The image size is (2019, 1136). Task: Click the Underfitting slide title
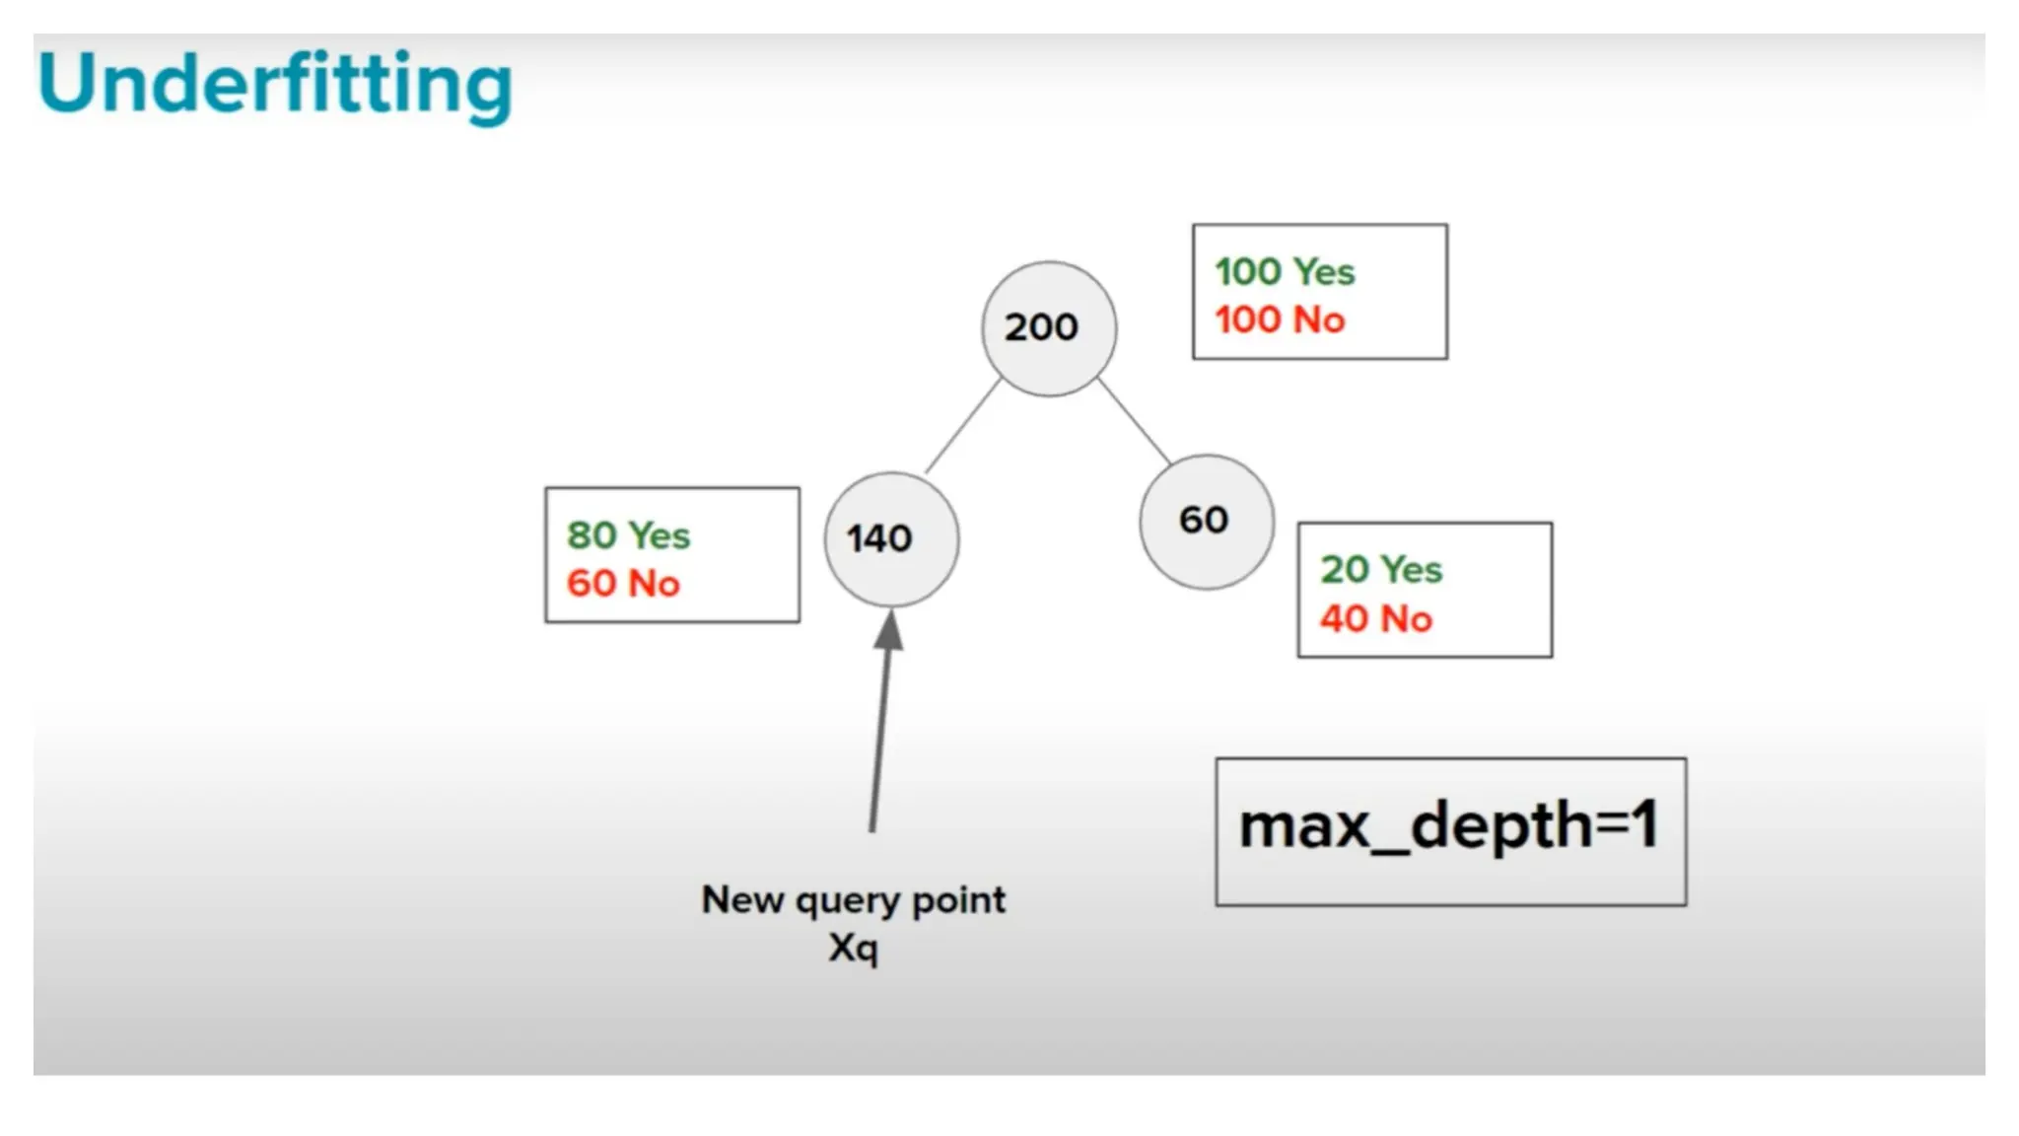pyautogui.click(x=275, y=85)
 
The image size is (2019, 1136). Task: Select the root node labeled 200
pyautogui.click(x=1049, y=328)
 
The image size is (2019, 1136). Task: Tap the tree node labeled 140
pyautogui.click(x=891, y=539)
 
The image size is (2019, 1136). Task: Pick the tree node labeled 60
pyautogui.click(x=1207, y=522)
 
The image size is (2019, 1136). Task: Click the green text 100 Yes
pyautogui.click(x=1285, y=271)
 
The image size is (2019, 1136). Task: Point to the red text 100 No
pyautogui.click(x=1280, y=319)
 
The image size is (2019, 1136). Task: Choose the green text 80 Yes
pyautogui.click(x=628, y=535)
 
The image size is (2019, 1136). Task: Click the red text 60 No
pyautogui.click(x=623, y=583)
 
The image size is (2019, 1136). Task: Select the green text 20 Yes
pyautogui.click(x=1381, y=569)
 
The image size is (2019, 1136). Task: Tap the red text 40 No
pyautogui.click(x=1376, y=619)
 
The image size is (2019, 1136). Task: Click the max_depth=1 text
pyautogui.click(x=1449, y=826)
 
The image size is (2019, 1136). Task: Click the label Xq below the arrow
pyautogui.click(x=854, y=948)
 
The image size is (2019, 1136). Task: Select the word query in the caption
pyautogui.click(x=847, y=901)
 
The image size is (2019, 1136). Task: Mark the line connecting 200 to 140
pyautogui.click(x=962, y=426)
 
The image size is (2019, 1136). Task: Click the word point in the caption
pyautogui.click(x=958, y=900)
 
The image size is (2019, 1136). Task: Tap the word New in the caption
pyautogui.click(x=742, y=899)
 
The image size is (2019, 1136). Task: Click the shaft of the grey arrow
pyautogui.click(x=879, y=740)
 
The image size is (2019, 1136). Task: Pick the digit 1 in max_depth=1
pyautogui.click(x=1643, y=824)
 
